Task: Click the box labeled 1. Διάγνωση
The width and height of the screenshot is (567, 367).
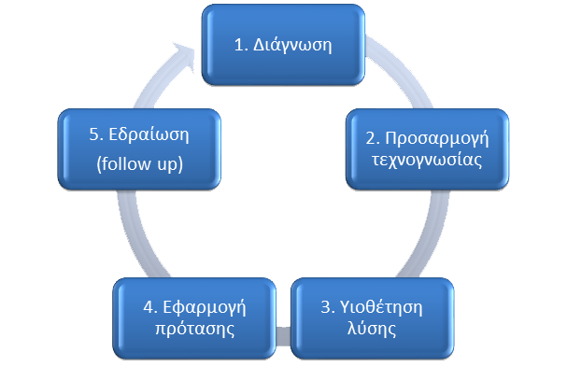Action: click(282, 44)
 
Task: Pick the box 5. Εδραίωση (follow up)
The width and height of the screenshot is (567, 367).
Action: click(140, 148)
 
